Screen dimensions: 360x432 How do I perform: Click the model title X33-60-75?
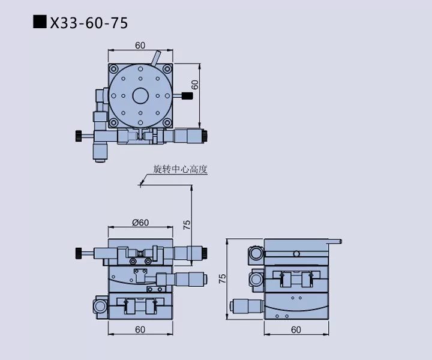89,23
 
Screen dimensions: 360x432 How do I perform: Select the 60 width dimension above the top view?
140,46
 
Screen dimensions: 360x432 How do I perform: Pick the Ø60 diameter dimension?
140,223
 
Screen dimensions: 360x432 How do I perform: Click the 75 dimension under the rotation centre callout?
187,224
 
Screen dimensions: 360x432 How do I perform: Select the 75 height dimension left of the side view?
223,278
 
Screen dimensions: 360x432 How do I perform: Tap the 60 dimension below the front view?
140,329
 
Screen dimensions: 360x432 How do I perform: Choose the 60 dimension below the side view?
296,329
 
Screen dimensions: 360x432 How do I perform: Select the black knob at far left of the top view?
79,137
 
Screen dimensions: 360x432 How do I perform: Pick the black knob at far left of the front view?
79,253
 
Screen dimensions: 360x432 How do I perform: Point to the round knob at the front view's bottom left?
98,306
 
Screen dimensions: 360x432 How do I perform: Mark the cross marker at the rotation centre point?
140,185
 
